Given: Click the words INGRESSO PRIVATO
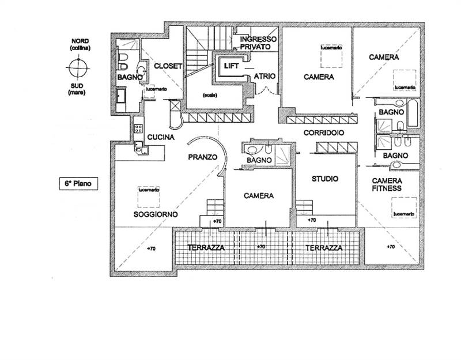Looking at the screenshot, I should point(259,43).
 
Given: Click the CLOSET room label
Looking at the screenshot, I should point(168,66).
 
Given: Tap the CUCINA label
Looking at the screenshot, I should point(161,138).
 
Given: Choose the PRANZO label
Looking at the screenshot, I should point(202,157).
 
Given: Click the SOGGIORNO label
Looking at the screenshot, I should point(155,214).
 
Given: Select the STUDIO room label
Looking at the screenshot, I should point(325,179).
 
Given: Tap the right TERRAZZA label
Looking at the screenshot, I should point(324,248).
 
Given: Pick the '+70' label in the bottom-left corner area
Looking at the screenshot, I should point(151,249).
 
